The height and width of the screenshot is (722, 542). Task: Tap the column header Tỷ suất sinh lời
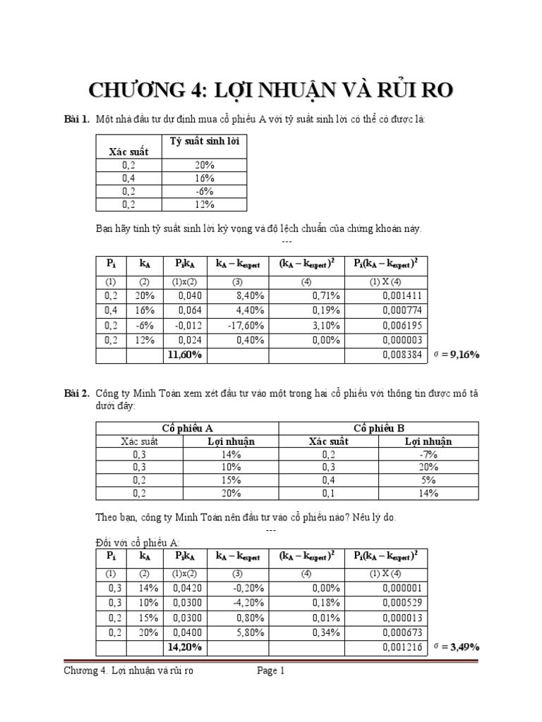click(x=205, y=142)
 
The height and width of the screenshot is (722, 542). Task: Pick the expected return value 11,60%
click(x=184, y=355)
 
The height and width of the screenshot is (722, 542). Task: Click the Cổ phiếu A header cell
click(x=188, y=428)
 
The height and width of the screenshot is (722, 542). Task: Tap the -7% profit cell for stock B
click(x=428, y=455)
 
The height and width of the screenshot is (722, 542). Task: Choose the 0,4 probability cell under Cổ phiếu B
click(x=329, y=481)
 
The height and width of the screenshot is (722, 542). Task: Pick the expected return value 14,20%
click(x=184, y=646)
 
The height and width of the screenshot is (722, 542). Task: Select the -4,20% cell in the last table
click(x=247, y=602)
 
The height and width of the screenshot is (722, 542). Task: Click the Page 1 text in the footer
click(x=270, y=672)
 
